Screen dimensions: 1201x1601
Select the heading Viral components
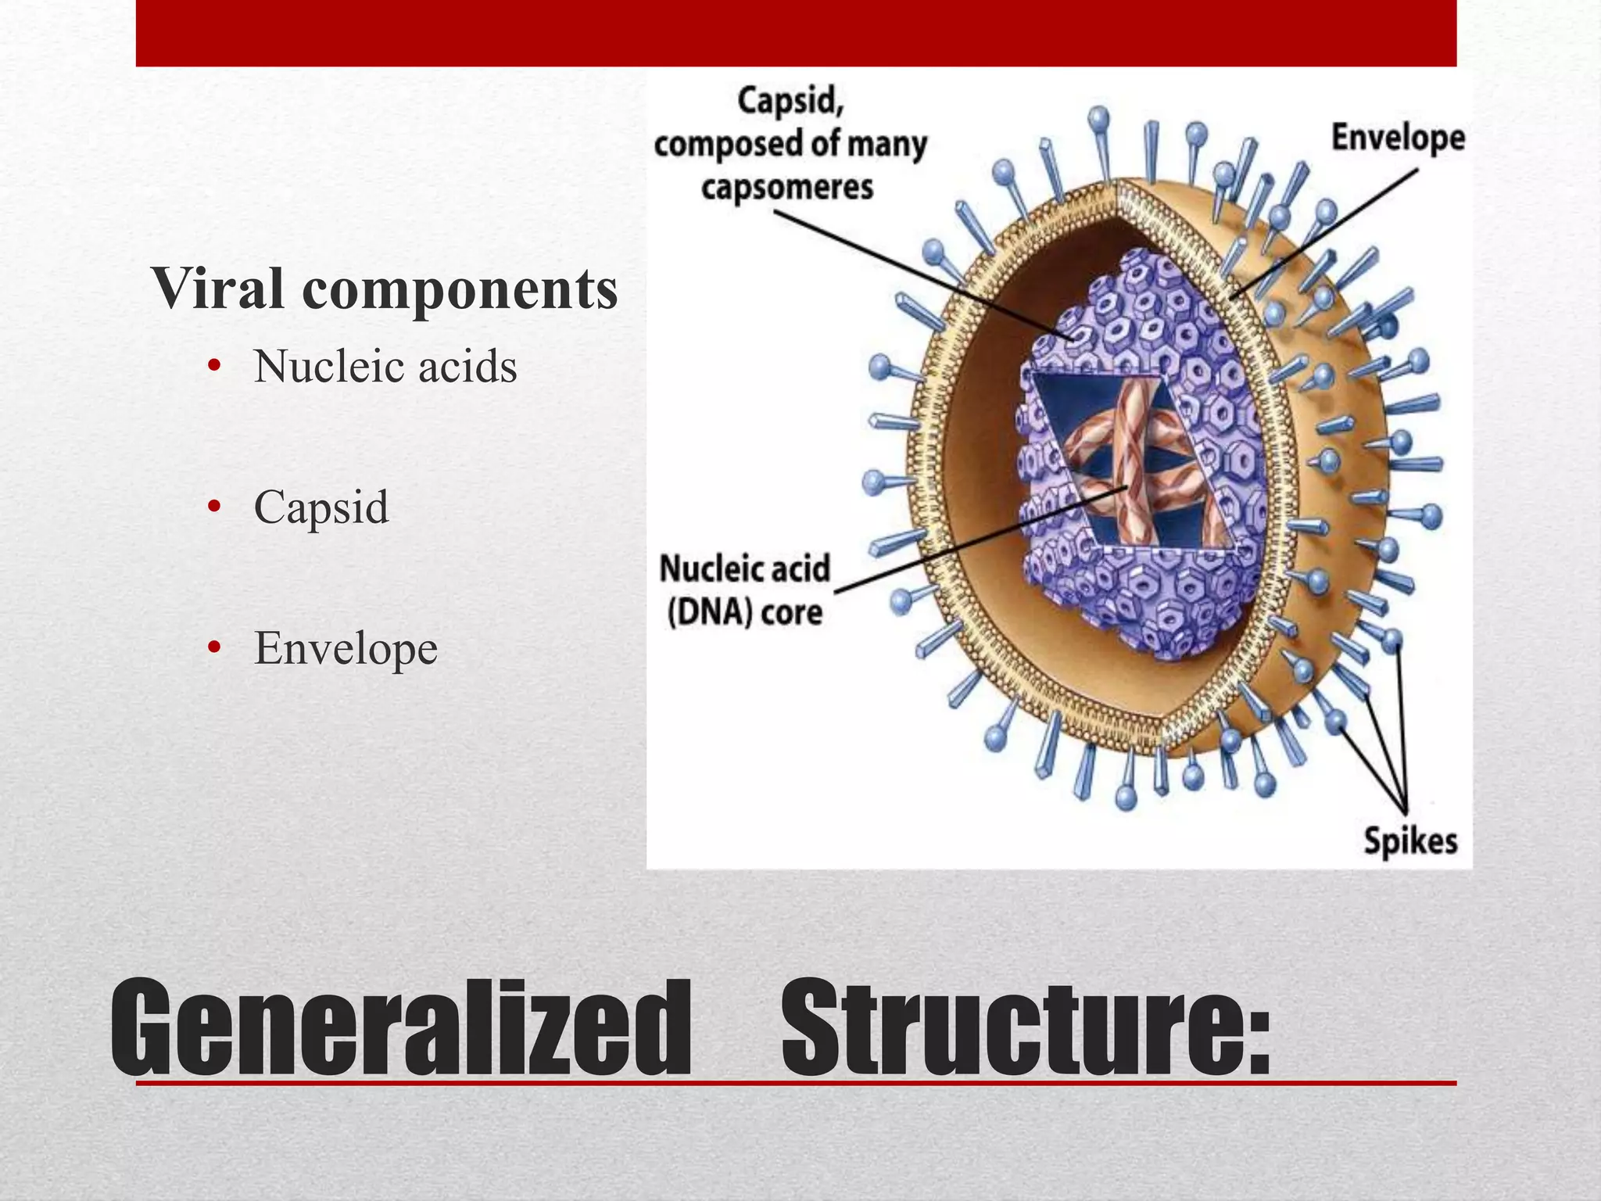click(x=385, y=289)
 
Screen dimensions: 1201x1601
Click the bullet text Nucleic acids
click(x=385, y=366)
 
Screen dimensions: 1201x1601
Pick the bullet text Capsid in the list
click(x=321, y=508)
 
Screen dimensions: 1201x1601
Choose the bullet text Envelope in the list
click(x=346, y=649)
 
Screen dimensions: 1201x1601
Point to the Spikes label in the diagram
click(x=1410, y=841)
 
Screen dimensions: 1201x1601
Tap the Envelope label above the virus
click(x=1398, y=138)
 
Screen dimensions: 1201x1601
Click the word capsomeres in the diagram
click(x=786, y=188)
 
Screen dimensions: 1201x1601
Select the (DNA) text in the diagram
click(x=708, y=612)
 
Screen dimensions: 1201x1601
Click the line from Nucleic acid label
click(x=977, y=540)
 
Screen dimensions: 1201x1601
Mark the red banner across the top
click(x=796, y=33)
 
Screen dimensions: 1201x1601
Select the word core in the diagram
click(x=791, y=612)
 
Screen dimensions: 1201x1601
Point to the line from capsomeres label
click(x=922, y=274)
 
